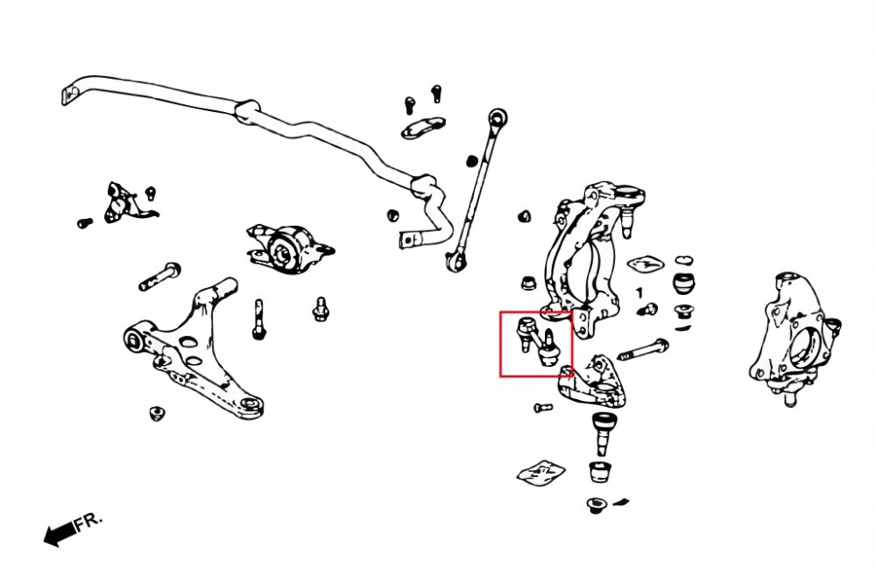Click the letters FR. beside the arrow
88,521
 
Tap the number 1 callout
639,292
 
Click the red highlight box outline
500,344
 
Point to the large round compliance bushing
287,249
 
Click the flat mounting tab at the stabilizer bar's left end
68,95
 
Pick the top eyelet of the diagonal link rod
497,118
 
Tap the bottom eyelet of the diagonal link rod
456,260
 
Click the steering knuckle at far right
794,338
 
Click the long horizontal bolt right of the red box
642,349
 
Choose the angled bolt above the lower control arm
159,276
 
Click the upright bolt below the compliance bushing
258,320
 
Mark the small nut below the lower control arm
158,414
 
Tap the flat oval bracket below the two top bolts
422,128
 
